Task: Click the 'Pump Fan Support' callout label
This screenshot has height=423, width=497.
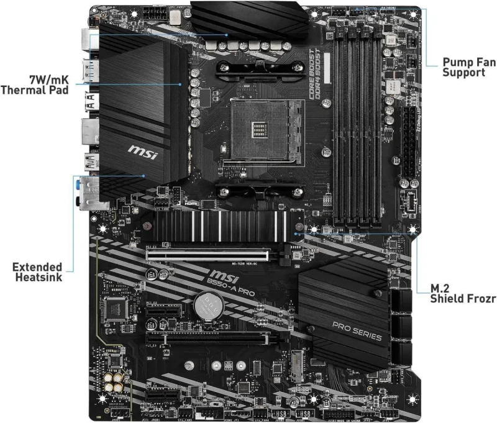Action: [463, 67]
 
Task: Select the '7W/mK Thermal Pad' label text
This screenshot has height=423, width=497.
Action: [35, 84]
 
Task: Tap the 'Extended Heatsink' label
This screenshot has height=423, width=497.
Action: [37, 272]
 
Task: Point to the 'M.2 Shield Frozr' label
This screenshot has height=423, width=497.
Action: [463, 294]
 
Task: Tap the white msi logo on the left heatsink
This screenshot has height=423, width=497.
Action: [141, 150]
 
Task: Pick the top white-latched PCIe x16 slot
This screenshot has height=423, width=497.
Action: [208, 254]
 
